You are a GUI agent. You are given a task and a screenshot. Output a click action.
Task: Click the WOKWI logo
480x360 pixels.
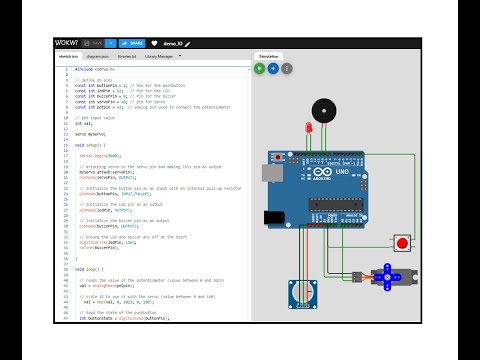point(67,44)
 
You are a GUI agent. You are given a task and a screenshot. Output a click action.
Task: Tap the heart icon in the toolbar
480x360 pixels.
point(155,44)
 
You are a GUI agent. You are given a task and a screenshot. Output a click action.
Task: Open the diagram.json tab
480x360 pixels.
point(97,58)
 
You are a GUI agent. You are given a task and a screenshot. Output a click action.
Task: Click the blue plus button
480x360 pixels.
point(273,68)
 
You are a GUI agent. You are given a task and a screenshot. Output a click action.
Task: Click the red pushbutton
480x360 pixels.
point(403,242)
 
